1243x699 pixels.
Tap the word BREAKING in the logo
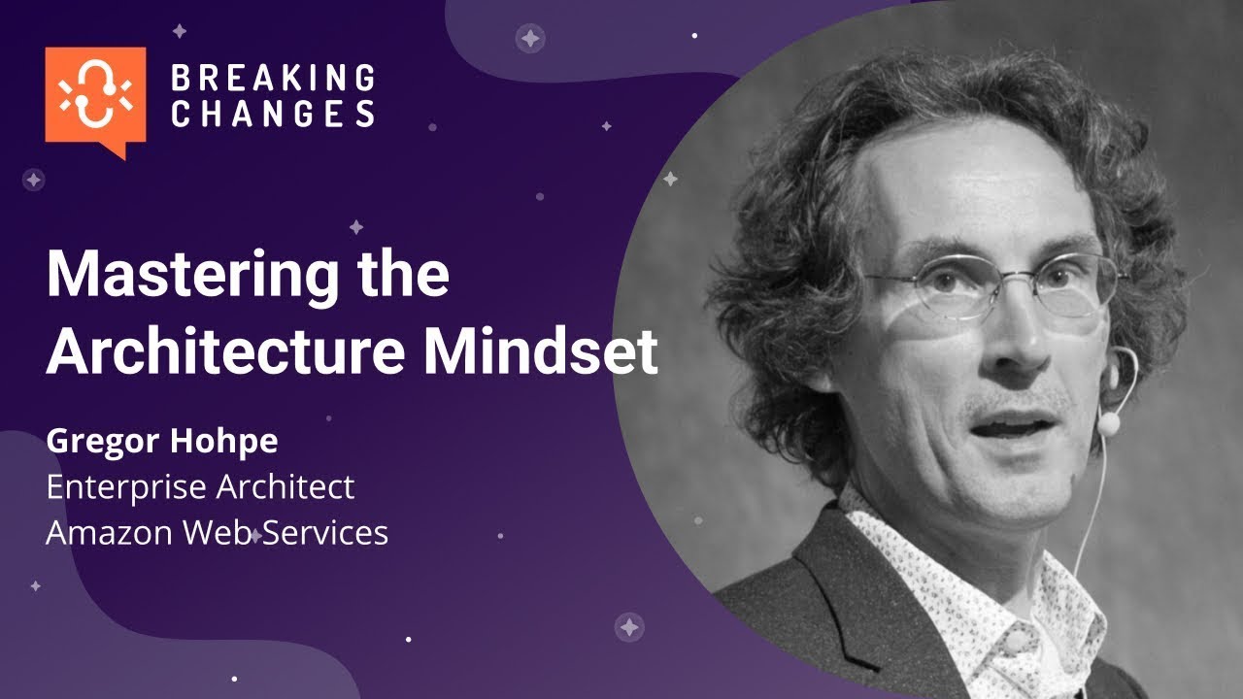[273, 78]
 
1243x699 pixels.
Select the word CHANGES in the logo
[273, 114]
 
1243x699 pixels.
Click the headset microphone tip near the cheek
[1107, 423]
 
